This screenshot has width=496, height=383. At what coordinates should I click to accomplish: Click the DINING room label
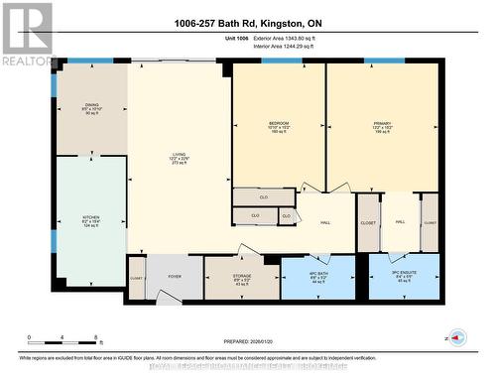[x=91, y=102]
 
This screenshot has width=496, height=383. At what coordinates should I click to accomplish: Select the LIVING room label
[x=179, y=155]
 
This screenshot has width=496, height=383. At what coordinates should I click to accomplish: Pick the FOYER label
[x=174, y=277]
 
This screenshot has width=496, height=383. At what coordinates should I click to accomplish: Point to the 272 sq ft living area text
[x=179, y=165]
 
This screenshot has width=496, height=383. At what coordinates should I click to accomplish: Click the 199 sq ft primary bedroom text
[x=383, y=132]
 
